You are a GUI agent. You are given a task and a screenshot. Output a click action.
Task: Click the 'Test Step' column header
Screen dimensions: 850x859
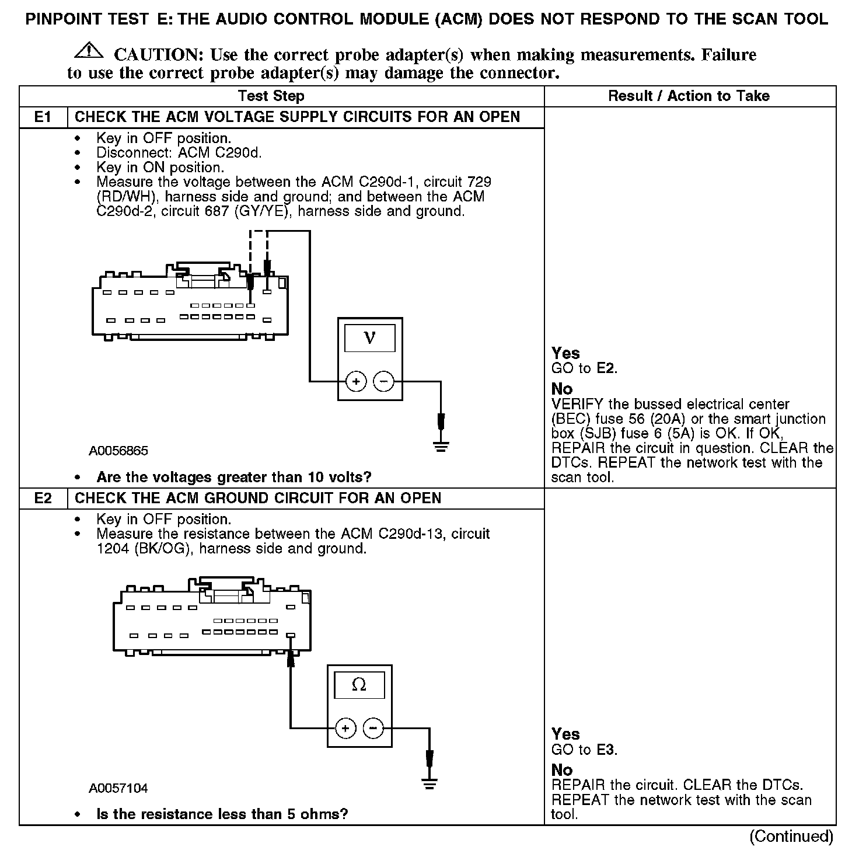[x=271, y=96]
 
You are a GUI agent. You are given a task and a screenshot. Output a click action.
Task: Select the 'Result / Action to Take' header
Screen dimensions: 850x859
[x=689, y=96]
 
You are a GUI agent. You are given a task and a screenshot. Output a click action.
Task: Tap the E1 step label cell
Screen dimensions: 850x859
[x=43, y=117]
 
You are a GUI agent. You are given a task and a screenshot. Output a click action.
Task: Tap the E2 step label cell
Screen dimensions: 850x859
[x=43, y=498]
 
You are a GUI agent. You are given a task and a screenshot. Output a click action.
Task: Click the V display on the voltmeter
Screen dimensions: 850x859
[x=369, y=338]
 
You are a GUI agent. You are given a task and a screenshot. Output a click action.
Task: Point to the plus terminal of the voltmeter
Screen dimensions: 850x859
[x=356, y=382]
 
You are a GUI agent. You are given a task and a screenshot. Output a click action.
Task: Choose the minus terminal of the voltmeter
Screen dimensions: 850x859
[x=383, y=382]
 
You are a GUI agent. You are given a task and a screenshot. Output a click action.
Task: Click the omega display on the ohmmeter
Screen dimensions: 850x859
[x=359, y=685]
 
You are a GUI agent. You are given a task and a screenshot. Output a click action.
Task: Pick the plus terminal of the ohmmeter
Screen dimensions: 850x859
[x=345, y=728]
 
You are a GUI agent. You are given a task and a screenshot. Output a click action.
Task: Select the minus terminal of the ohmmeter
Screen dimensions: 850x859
[x=373, y=728]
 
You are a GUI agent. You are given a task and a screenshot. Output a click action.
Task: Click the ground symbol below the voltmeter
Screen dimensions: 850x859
[x=441, y=447]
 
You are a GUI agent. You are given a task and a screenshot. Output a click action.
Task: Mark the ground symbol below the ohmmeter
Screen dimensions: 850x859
[x=429, y=783]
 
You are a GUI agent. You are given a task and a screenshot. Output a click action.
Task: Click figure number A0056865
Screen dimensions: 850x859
[x=118, y=451]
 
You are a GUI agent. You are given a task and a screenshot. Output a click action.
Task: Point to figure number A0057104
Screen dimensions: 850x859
[x=118, y=788]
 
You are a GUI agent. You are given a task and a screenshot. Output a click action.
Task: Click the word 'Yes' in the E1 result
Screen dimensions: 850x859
[x=565, y=353]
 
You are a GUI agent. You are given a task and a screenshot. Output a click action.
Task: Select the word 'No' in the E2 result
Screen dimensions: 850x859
[x=562, y=770]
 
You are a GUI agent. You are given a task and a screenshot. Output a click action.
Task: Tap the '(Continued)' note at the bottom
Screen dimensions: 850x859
[x=791, y=836]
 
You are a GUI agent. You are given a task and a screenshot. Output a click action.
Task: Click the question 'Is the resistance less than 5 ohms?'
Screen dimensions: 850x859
[x=222, y=814]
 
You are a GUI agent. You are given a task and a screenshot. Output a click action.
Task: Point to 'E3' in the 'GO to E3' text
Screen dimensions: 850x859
[x=606, y=750]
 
